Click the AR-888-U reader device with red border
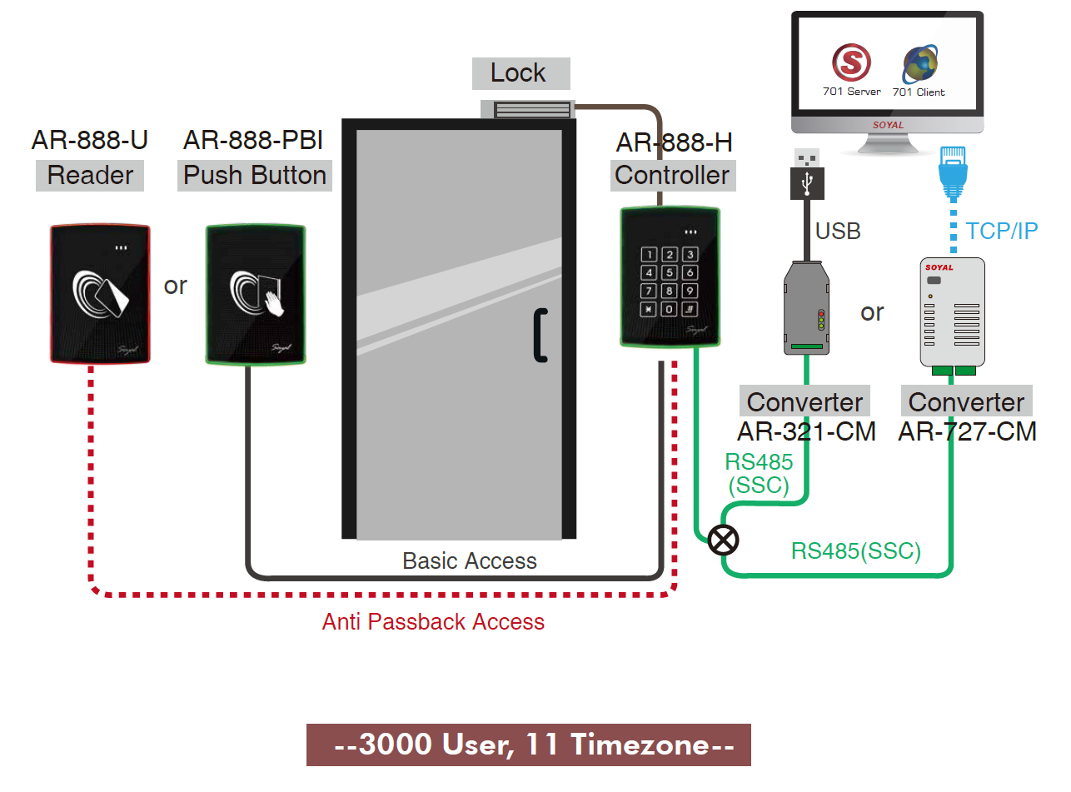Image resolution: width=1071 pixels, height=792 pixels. tap(100, 294)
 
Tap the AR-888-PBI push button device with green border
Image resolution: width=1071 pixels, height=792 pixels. tap(256, 294)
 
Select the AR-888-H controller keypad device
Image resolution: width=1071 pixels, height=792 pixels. tap(670, 276)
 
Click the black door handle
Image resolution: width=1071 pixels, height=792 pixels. tap(540, 335)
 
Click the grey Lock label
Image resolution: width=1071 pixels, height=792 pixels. tap(521, 73)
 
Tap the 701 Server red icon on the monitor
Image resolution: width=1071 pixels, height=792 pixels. tap(851, 62)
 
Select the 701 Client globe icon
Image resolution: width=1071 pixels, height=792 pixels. tap(919, 64)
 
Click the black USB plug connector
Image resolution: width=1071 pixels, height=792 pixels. tap(807, 175)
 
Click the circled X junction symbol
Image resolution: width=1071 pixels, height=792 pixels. tap(723, 540)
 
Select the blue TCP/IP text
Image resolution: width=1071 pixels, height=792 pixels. tap(1002, 231)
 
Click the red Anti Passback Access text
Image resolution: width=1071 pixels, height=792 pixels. tap(433, 622)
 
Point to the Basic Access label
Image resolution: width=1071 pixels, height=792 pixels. tap(470, 561)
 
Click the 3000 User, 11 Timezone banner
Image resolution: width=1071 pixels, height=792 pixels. tap(529, 745)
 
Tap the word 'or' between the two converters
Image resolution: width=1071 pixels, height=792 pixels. tap(872, 312)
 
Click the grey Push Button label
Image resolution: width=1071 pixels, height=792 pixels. tap(255, 176)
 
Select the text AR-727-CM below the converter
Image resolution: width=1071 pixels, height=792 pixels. tap(967, 431)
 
